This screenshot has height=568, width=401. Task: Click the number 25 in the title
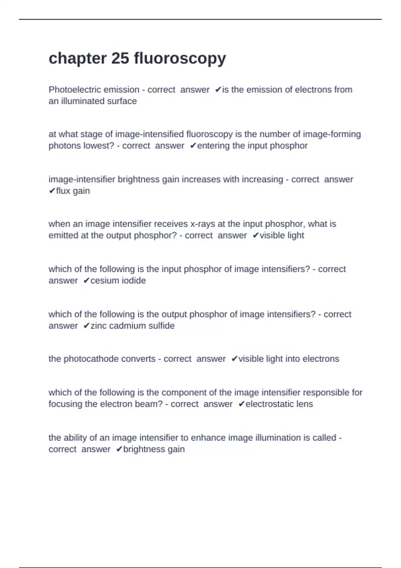pos(120,58)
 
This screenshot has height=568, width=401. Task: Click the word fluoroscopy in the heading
pos(180,59)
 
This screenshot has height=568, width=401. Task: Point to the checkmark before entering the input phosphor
pos(193,146)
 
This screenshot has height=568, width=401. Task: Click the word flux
pos(63,191)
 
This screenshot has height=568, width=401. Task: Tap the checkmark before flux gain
pos(52,191)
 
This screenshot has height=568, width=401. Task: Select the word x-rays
pos(203,224)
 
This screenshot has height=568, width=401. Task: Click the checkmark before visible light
pos(256,236)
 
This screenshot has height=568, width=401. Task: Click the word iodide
pos(133,281)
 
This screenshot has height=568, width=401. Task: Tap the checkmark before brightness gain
pos(119,449)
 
